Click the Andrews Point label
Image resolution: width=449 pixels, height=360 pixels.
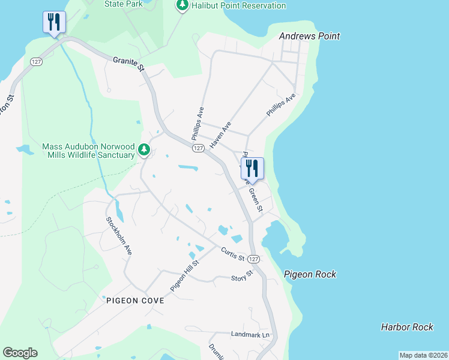pyautogui.click(x=310, y=36)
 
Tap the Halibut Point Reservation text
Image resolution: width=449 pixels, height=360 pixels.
pyautogui.click(x=239, y=6)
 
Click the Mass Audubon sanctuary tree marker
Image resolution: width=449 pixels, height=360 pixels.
pyautogui.click(x=143, y=149)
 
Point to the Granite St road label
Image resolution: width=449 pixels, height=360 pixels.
pyautogui.click(x=130, y=62)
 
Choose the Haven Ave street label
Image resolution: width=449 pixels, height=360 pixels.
pyautogui.click(x=221, y=136)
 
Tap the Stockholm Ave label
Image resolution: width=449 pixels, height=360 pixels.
pyautogui.click(x=119, y=236)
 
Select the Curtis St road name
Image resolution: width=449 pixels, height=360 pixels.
pyautogui.click(x=232, y=254)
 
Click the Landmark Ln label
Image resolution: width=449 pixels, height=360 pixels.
pyautogui.click(x=251, y=334)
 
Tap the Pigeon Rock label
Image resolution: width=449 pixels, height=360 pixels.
pyautogui.click(x=310, y=274)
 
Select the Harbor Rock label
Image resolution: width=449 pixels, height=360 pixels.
pyautogui.click(x=407, y=327)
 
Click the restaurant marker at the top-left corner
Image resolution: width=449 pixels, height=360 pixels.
pyautogui.click(x=54, y=22)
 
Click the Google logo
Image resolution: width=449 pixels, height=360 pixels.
pyautogui.click(x=20, y=353)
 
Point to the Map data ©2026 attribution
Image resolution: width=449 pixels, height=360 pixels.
pyautogui.click(x=424, y=355)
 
